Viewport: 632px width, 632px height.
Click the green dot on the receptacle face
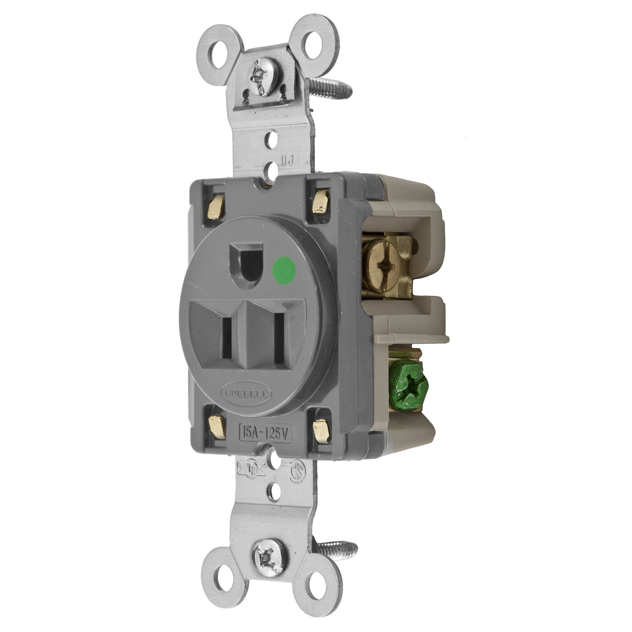[x=284, y=269]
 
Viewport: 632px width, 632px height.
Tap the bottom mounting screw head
[x=270, y=553]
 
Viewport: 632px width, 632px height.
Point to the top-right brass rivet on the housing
[x=320, y=203]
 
